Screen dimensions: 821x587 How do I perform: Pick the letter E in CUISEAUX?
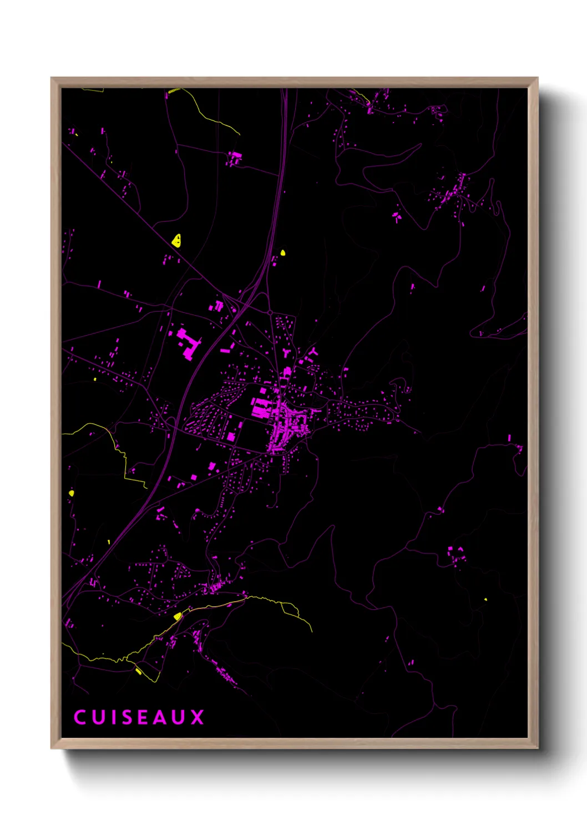click(x=143, y=717)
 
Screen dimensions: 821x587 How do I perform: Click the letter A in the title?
click(x=160, y=717)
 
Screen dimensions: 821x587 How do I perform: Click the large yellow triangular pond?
click(x=177, y=240)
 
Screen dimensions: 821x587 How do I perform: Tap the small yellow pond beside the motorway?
click(x=283, y=253)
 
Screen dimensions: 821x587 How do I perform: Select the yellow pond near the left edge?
click(x=71, y=493)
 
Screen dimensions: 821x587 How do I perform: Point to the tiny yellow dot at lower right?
click(x=485, y=599)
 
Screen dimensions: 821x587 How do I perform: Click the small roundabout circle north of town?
click(x=270, y=313)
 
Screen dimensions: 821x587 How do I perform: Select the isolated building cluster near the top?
click(x=234, y=158)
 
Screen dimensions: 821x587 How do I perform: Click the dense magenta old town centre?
click(x=286, y=424)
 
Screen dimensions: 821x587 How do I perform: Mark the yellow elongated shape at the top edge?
click(x=174, y=90)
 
